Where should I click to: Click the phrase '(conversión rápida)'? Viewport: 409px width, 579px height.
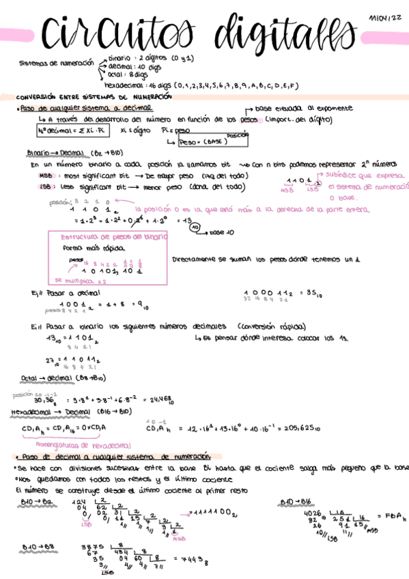click(263, 326)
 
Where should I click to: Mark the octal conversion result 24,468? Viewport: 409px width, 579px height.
click(165, 398)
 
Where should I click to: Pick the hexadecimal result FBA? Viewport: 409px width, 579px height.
click(390, 517)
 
